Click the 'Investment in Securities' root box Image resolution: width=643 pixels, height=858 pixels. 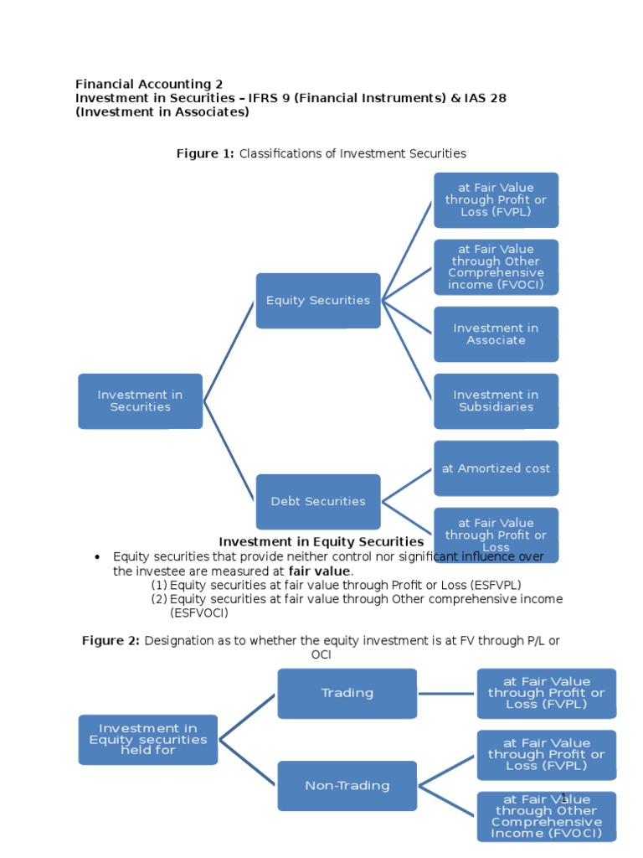click(x=140, y=401)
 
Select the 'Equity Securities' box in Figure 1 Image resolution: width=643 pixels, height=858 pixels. click(x=317, y=300)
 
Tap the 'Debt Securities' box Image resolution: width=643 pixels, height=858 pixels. click(x=317, y=501)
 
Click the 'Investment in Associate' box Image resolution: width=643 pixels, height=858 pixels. click(x=496, y=334)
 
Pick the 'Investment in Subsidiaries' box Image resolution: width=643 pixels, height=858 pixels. click(x=496, y=401)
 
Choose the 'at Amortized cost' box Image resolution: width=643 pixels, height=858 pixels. click(x=496, y=468)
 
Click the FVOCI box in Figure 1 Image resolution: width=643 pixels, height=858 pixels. click(x=496, y=267)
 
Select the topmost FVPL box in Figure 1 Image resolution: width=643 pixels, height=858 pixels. click(x=496, y=200)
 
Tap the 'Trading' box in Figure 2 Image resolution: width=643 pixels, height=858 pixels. click(x=347, y=693)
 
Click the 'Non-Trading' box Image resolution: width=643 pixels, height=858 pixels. click(x=347, y=786)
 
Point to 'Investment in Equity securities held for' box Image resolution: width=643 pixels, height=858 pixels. click(x=147, y=740)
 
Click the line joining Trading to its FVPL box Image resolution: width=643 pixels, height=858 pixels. click(x=446, y=694)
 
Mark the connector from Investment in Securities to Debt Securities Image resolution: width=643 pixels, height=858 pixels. click(x=230, y=452)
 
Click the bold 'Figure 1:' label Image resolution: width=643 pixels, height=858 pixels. click(x=205, y=153)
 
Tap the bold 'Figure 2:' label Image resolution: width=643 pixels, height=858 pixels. click(x=111, y=641)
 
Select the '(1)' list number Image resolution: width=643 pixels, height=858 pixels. click(x=159, y=585)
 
